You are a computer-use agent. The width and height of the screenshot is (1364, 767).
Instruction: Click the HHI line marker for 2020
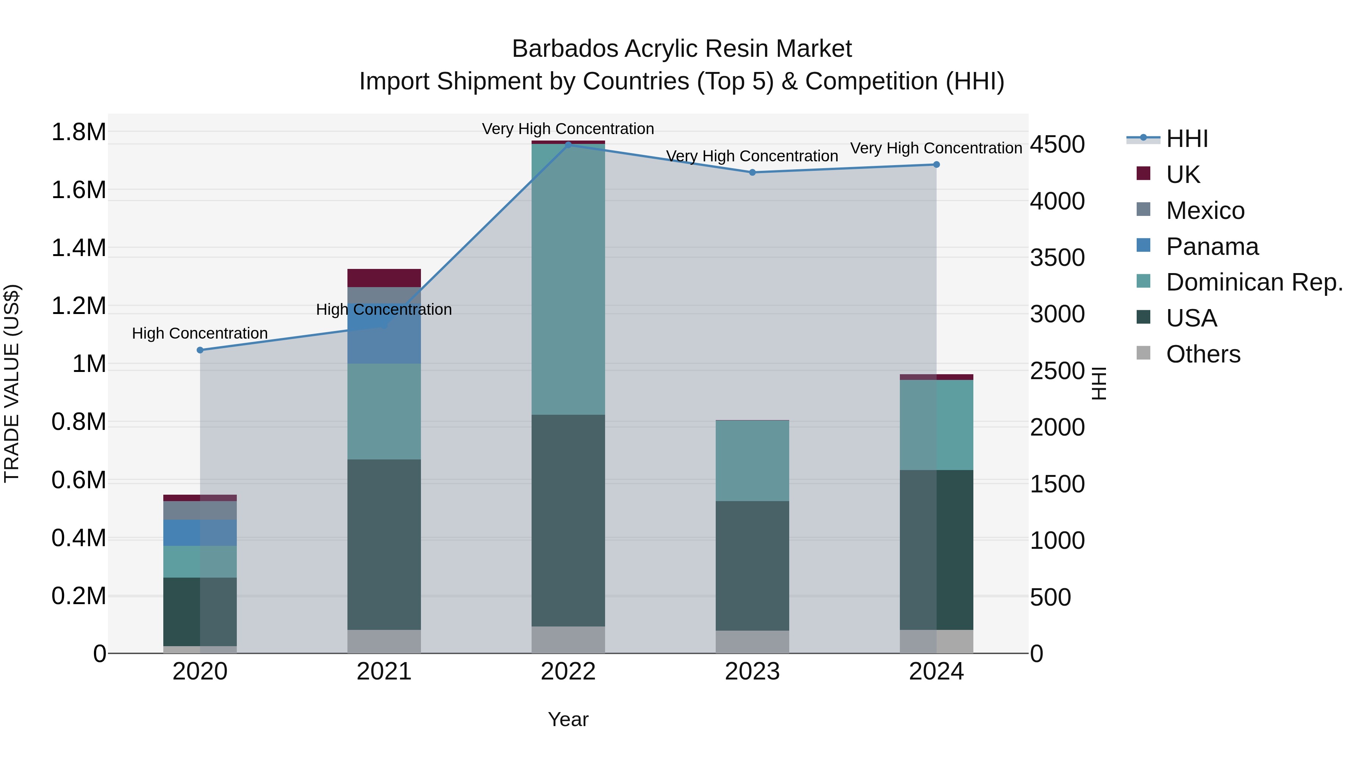200,350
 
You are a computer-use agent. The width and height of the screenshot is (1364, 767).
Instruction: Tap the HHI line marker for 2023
752,172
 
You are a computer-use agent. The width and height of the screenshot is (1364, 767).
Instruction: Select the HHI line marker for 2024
936,165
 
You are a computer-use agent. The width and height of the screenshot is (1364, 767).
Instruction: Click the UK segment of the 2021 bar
384,278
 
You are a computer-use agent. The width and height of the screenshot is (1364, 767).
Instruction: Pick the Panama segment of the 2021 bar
384,339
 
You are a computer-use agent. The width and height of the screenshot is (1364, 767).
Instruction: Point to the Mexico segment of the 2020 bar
200,510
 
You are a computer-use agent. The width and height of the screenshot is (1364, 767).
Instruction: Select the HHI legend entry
1186,139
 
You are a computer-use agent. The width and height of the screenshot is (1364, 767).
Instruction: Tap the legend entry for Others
1203,354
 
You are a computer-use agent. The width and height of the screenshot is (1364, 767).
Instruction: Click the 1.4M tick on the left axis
78,248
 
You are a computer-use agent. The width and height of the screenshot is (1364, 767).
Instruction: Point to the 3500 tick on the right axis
1057,258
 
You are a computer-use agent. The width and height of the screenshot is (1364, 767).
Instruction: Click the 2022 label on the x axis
568,672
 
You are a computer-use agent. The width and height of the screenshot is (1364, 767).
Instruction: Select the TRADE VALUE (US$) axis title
12,383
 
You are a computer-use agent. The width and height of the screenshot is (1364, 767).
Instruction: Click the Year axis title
568,719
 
